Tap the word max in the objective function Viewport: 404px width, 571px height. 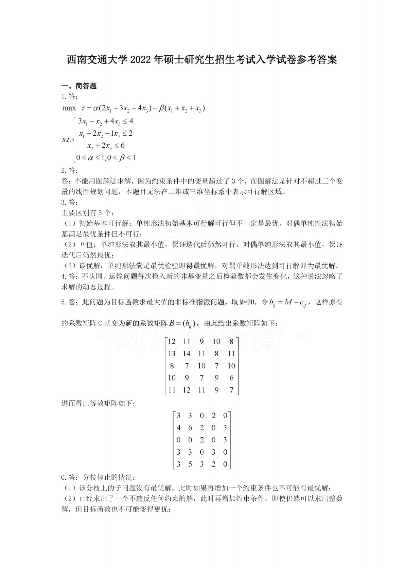[x=69, y=108]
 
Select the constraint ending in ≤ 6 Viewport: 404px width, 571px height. [x=106, y=146]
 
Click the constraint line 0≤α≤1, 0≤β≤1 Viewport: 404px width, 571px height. [x=106, y=158]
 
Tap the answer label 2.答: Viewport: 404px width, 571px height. [x=70, y=170]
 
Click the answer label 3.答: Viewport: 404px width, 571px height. [x=70, y=203]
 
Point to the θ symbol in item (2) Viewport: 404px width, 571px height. [x=82, y=245]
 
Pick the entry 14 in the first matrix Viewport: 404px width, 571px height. [x=186, y=354]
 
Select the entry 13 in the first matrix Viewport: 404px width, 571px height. [x=172, y=354]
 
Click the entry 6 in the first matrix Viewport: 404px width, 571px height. [x=231, y=378]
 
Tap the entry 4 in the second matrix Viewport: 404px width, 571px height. [x=178, y=428]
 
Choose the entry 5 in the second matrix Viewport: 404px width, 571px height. [x=190, y=464]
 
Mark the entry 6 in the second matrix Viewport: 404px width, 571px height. [x=190, y=428]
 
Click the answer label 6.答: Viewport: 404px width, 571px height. [x=70, y=478]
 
